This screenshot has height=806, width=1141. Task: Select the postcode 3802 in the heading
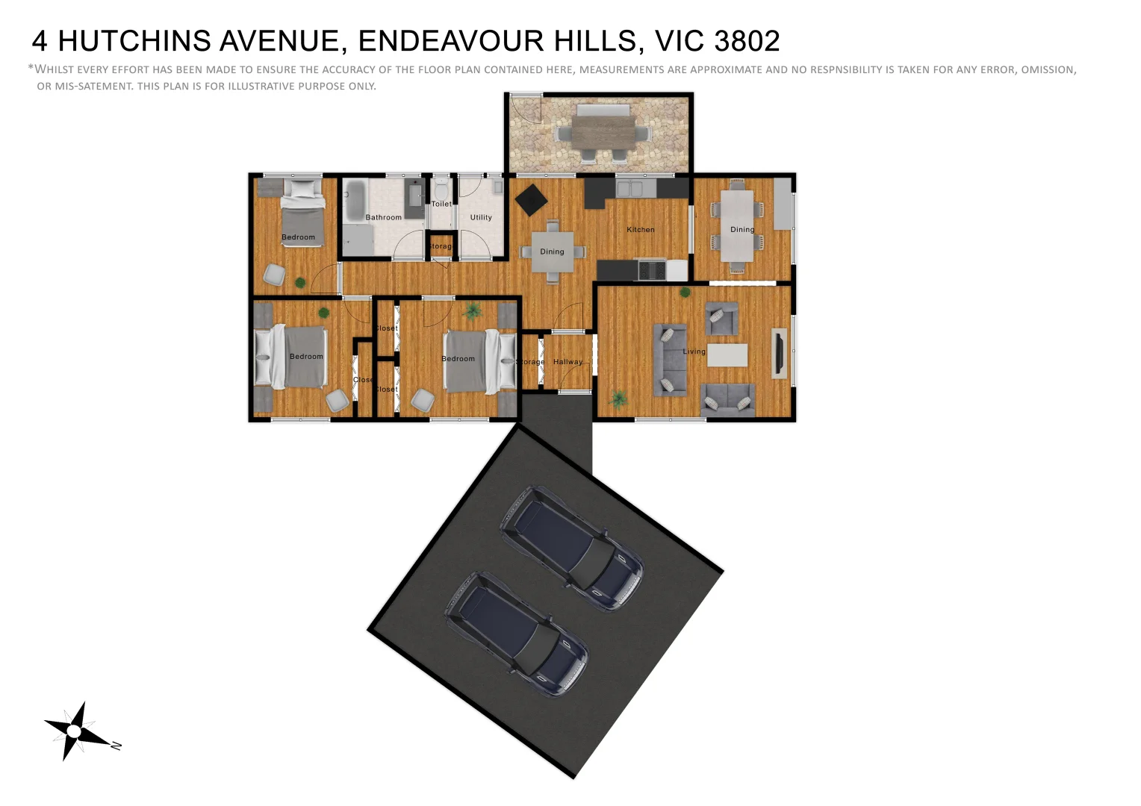pos(747,41)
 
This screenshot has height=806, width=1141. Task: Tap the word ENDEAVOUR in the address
pos(450,41)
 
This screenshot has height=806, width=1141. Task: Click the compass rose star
pos(74,731)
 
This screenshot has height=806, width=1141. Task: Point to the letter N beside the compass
pos(116,745)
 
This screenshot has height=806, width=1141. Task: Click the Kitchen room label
pos(641,230)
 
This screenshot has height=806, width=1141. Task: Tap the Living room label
pos(694,352)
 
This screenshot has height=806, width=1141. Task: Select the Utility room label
pos(481,218)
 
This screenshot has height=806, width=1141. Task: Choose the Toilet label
pos(441,204)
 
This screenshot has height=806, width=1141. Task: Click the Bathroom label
pos(383,218)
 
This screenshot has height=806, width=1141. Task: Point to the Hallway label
pos(568,362)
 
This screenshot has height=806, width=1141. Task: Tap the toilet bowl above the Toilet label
pos(441,187)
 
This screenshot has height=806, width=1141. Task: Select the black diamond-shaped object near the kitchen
pos(531,199)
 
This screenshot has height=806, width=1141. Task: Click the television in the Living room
pos(778,353)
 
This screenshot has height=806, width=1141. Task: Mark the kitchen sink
pos(629,188)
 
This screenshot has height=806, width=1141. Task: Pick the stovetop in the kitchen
pos(652,269)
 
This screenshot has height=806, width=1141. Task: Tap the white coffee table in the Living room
pos(727,354)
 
